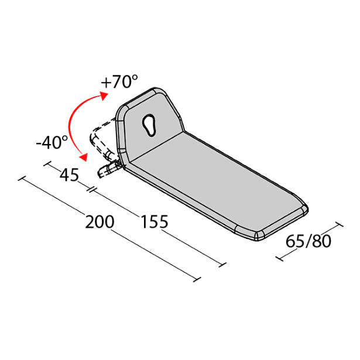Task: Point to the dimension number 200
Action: tap(100, 222)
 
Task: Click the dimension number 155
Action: tap(155, 222)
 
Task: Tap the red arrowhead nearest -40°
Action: tap(84, 156)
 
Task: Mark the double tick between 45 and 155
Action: tap(92, 188)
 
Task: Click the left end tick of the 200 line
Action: tap(22, 179)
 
